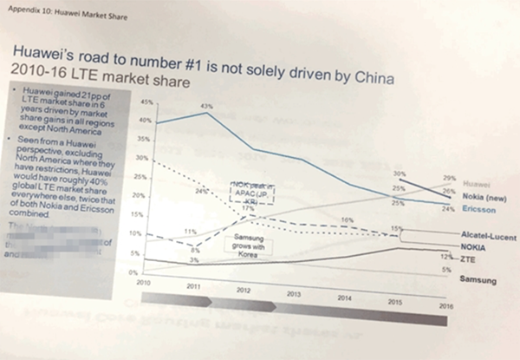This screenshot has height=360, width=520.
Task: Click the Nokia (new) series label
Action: click(x=478, y=197)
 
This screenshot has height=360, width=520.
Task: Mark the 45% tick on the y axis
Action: click(x=146, y=102)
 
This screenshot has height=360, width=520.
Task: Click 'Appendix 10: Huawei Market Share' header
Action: click(x=58, y=10)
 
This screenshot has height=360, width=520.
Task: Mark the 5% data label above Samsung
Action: click(x=446, y=272)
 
